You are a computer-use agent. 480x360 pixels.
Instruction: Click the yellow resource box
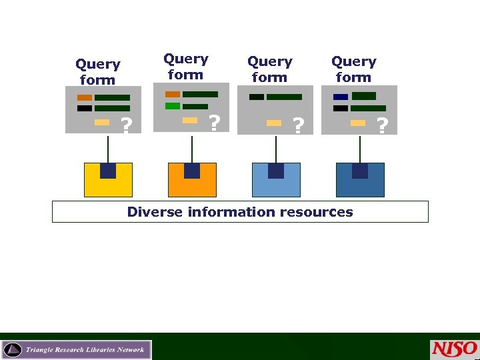108,181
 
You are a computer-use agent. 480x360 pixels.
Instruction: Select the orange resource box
192,181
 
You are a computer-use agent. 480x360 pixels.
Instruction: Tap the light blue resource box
276,181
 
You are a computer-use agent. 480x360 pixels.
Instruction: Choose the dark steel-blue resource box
360,181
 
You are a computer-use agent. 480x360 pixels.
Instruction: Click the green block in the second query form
173,106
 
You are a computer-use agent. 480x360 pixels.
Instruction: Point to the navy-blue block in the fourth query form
341,97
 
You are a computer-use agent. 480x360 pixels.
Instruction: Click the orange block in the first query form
85,97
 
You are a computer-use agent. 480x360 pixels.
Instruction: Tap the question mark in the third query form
299,125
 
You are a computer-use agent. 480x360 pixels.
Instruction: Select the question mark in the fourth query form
382,124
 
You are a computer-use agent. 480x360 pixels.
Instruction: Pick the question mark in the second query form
214,123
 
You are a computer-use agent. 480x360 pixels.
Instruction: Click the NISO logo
454,349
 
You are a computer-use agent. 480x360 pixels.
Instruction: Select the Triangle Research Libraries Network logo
77,349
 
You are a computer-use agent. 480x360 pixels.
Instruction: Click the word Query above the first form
97,65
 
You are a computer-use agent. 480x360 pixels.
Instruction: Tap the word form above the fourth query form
353,77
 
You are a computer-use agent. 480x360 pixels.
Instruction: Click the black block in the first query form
85,108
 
